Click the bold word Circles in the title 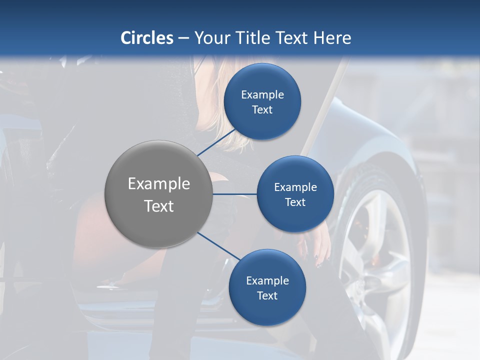point(147,38)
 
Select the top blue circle point(262,75)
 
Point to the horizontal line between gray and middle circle point(235,194)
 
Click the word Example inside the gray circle point(159,184)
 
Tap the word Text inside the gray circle point(159,206)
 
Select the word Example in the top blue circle point(262,95)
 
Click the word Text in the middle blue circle point(295,202)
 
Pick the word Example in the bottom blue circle point(267,281)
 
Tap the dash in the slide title point(183,38)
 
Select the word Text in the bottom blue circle point(267,296)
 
